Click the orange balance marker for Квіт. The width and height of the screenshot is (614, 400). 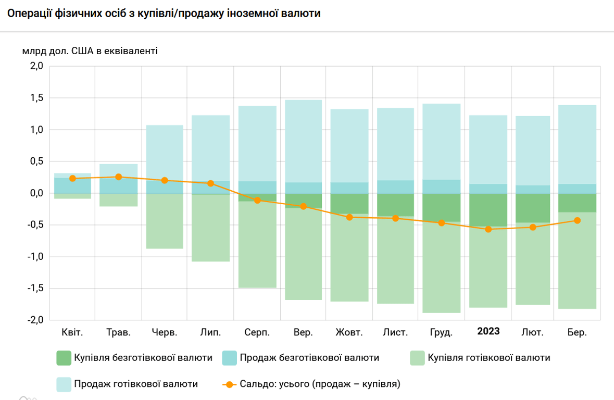tap(72, 179)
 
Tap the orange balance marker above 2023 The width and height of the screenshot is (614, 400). tap(488, 229)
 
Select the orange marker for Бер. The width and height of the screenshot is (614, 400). tap(577, 220)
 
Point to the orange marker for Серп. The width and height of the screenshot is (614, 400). tap(257, 200)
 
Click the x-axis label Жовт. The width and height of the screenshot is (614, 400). tap(349, 332)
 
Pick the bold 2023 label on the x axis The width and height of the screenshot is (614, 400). tap(488, 332)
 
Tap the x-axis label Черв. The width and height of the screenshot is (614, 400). tap(165, 332)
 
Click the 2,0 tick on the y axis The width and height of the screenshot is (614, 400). tap(36, 66)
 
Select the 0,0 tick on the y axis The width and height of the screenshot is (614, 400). tap(36, 193)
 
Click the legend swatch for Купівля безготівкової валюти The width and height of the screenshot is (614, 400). tap(64, 358)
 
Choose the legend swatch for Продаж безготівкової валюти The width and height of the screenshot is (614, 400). tap(229, 358)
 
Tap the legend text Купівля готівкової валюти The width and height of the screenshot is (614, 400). tap(488, 358)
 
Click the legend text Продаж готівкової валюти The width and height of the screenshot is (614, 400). tap(136, 384)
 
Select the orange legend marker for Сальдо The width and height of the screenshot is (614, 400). tap(229, 385)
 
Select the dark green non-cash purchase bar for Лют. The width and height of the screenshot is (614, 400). tap(533, 208)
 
